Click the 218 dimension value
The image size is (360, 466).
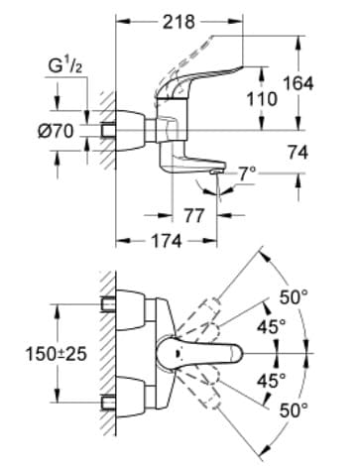point(180,21)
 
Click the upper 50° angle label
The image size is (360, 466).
point(294,295)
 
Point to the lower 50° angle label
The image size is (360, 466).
point(294,408)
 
